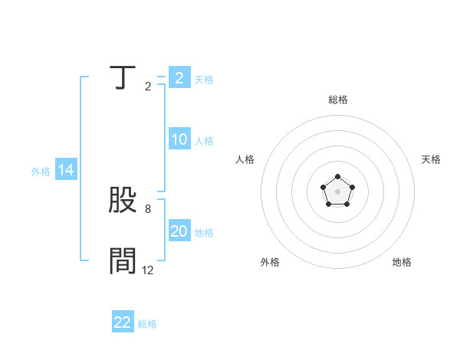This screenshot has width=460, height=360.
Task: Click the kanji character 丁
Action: pyautogui.click(x=123, y=78)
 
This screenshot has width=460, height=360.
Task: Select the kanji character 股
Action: pyautogui.click(x=123, y=200)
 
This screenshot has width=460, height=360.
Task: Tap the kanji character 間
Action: pyautogui.click(x=123, y=261)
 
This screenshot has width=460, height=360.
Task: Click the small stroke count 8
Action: pyautogui.click(x=147, y=208)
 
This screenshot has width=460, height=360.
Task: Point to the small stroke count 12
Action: pyautogui.click(x=147, y=270)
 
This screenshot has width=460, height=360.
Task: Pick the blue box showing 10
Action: pyautogui.click(x=179, y=139)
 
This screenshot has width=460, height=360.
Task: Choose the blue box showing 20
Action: pyautogui.click(x=179, y=231)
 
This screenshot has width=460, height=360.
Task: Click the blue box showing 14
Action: pyautogui.click(x=66, y=171)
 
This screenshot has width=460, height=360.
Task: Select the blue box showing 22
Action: pyautogui.click(x=123, y=322)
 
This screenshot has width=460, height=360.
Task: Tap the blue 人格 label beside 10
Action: pyautogui.click(x=204, y=141)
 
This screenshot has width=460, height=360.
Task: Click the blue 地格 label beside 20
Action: pyautogui.click(x=204, y=233)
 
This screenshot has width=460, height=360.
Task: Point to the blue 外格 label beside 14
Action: pyautogui.click(x=41, y=172)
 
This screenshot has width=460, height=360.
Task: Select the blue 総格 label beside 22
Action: pyautogui.click(x=147, y=324)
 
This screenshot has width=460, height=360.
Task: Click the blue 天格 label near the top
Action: pyautogui.click(x=204, y=80)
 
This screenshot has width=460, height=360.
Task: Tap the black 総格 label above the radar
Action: pyautogui.click(x=337, y=100)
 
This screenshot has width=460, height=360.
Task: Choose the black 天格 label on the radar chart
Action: pyautogui.click(x=431, y=159)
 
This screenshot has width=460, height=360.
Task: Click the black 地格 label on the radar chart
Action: pyautogui.click(x=402, y=262)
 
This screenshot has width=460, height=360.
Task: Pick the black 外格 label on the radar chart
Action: pyautogui.click(x=270, y=262)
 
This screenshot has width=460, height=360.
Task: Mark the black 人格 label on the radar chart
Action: pyautogui.click(x=245, y=159)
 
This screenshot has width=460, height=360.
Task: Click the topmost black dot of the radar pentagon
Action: pyautogui.click(x=337, y=177)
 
